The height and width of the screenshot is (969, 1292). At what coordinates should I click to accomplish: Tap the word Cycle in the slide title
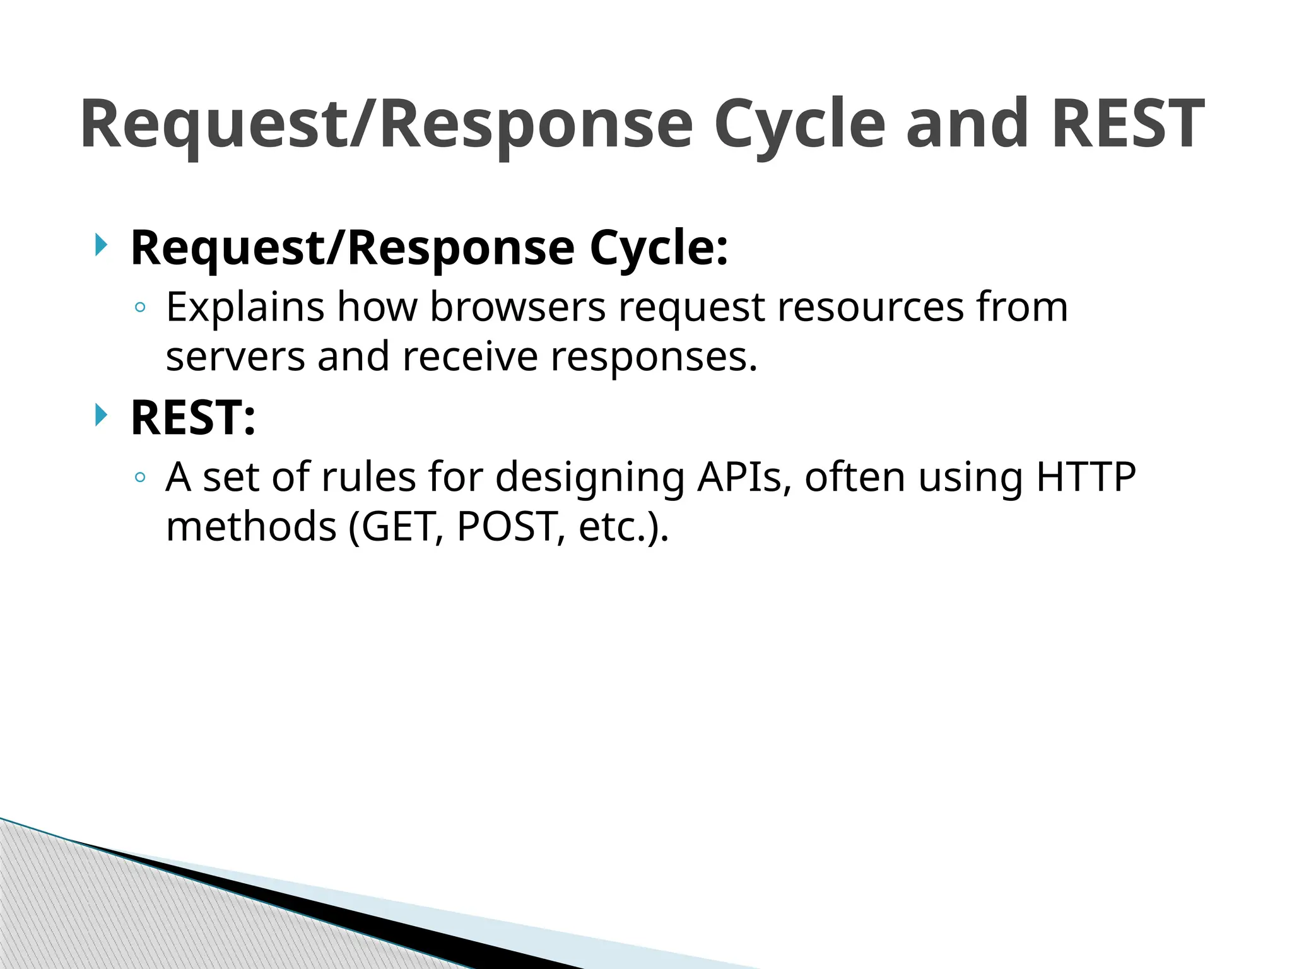pyautogui.click(x=800, y=124)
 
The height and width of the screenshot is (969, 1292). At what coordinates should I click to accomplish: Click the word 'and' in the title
pyautogui.click(x=967, y=124)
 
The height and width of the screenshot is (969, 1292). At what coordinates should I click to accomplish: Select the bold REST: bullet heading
pyautogui.click(x=193, y=418)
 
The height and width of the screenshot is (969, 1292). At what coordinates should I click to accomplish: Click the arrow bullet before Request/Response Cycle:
pyautogui.click(x=100, y=245)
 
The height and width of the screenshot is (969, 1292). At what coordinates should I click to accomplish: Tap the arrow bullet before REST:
pyautogui.click(x=100, y=415)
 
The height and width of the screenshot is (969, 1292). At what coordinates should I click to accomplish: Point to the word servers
pyautogui.click(x=235, y=356)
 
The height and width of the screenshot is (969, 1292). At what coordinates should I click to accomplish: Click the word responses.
pyautogui.click(x=654, y=356)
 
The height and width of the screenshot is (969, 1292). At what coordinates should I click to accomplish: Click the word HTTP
pyautogui.click(x=1086, y=477)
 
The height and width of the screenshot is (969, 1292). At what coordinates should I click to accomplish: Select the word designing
pyautogui.click(x=590, y=478)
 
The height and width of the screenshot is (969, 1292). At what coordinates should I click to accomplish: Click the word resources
pyautogui.click(x=870, y=307)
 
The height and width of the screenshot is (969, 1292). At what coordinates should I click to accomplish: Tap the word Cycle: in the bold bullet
pyautogui.click(x=659, y=248)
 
